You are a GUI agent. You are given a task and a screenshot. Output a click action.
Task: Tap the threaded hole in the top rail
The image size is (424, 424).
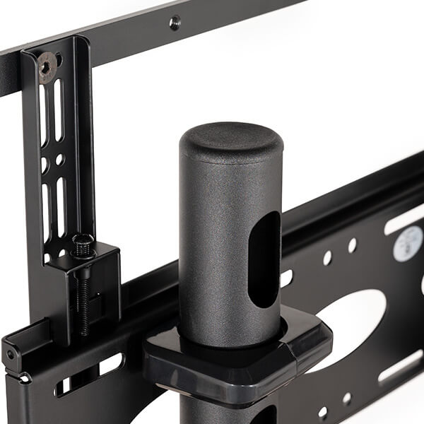[175, 23]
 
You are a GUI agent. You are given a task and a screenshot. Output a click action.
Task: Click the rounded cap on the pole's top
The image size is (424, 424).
[231, 141]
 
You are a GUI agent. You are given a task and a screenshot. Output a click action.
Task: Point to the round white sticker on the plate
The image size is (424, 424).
[408, 244]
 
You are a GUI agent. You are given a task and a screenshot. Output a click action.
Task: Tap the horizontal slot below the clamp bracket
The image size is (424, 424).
[110, 364]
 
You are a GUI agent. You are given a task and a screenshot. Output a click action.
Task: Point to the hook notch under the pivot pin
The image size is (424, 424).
[21, 377]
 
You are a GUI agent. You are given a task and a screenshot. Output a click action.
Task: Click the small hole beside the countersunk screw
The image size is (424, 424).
[59, 60]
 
